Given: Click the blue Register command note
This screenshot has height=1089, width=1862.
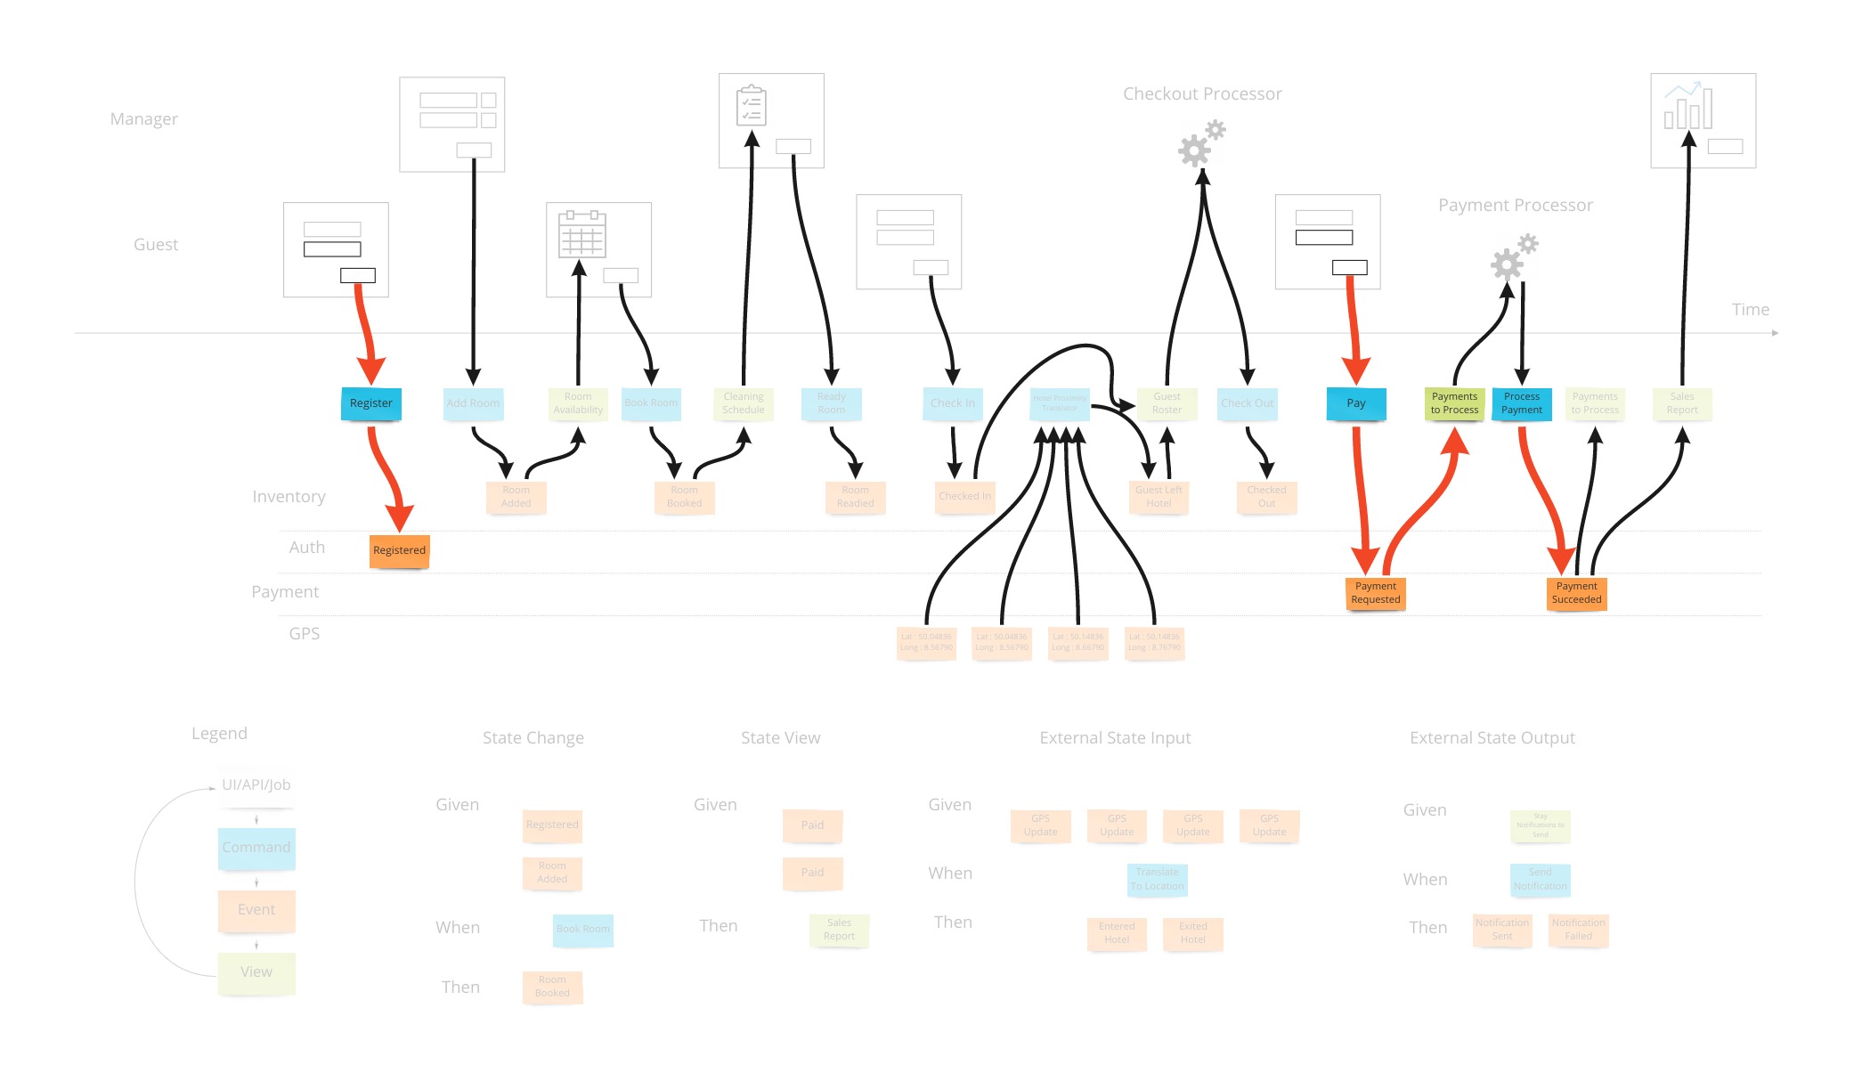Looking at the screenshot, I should pyautogui.click(x=371, y=403).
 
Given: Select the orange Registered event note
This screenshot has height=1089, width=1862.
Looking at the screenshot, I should pyautogui.click(x=399, y=550).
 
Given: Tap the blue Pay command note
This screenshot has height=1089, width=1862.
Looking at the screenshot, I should pyautogui.click(x=1355, y=403).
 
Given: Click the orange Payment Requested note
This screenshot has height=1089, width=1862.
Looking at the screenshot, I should pyautogui.click(x=1375, y=593).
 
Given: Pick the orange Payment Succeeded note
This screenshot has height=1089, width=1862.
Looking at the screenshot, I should pyautogui.click(x=1576, y=593).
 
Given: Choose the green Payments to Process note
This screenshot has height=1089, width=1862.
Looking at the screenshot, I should pyautogui.click(x=1454, y=403).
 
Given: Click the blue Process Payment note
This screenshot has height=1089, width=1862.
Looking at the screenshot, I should pyautogui.click(x=1521, y=403).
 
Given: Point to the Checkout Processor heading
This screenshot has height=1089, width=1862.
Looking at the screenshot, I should pyautogui.click(x=1202, y=94).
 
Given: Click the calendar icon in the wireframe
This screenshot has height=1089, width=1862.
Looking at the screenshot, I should pyautogui.click(x=581, y=235).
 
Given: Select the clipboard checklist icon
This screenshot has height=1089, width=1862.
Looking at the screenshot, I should pyautogui.click(x=752, y=106).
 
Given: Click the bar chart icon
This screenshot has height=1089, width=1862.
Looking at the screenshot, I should pyautogui.click(x=1687, y=106).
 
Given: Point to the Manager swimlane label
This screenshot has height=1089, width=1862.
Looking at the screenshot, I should pyautogui.click(x=144, y=119).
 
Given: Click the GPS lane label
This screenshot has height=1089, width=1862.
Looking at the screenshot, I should pyautogui.click(x=304, y=634).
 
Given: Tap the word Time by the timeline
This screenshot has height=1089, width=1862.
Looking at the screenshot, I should pyautogui.click(x=1750, y=310).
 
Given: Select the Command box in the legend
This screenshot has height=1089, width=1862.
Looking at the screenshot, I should pyautogui.click(x=256, y=848).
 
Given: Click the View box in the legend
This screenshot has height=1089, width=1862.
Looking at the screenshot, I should pyautogui.click(x=256, y=972).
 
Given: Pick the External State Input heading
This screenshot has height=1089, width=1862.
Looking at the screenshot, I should pyautogui.click(x=1115, y=738).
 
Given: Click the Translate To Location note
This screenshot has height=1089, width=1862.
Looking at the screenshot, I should pyautogui.click(x=1157, y=879).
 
